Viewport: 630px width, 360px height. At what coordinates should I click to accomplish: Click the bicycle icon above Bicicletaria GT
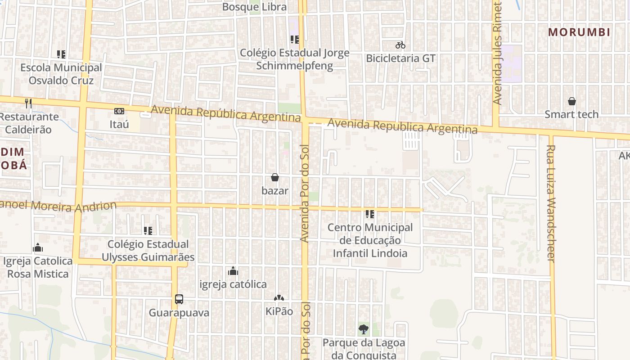point(400,45)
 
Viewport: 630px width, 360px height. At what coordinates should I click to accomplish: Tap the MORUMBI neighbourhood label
point(579,32)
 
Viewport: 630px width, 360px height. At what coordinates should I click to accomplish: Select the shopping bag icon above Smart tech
point(571,101)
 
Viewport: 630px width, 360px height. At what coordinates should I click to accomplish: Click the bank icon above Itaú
point(119,111)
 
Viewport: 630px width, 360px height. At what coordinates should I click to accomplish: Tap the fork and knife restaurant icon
point(28,103)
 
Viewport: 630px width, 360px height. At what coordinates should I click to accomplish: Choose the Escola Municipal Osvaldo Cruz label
point(61,74)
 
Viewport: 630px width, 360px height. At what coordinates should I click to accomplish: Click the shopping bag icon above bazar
point(275,178)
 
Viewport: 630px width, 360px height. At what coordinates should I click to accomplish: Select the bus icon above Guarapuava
point(179,299)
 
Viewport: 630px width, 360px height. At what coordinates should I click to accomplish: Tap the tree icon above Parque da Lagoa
point(364,329)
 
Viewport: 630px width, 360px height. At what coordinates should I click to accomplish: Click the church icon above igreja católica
point(233,271)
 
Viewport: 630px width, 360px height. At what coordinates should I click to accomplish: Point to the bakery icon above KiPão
point(279,298)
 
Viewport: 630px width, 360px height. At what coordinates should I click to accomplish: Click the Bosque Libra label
point(254,7)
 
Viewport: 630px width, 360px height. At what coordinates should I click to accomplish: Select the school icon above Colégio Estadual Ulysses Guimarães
point(148,231)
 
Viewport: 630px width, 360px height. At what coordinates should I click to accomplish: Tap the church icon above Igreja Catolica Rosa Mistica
point(38,248)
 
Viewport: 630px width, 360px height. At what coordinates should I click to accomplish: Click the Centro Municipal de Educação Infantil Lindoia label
point(370,240)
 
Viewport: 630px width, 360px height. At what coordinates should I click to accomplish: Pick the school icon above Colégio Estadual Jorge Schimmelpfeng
point(294,40)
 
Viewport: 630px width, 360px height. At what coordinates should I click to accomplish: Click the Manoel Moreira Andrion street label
point(58,206)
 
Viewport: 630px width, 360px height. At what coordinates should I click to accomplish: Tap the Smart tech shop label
point(571,114)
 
